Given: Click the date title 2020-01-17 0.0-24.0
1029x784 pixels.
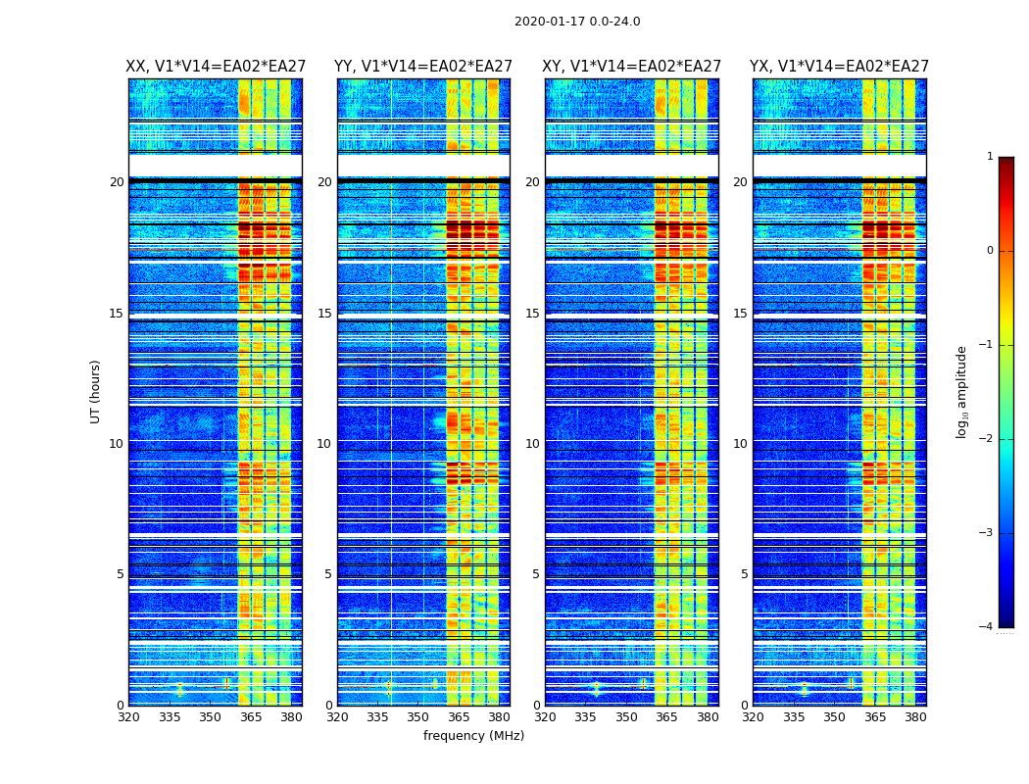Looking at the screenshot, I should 577,22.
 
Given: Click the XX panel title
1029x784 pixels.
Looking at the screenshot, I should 216,67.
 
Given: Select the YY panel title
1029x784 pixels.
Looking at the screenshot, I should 423,67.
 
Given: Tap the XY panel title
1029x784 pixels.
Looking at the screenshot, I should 632,67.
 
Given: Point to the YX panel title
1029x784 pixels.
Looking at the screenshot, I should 839,67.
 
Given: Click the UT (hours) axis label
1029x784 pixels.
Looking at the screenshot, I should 96,391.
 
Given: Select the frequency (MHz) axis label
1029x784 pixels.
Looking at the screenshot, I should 473,736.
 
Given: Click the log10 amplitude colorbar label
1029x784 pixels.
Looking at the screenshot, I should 962,391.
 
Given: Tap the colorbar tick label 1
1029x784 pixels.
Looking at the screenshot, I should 990,157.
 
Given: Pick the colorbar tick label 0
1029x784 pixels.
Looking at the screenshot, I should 990,251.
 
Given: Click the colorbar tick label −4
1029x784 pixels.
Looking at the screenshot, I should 987,627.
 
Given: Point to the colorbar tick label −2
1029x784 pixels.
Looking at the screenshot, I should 987,439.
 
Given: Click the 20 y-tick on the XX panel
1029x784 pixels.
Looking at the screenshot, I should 117,182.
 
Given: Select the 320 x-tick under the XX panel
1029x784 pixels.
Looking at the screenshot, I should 128,717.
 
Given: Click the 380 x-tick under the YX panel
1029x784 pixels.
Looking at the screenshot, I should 915,717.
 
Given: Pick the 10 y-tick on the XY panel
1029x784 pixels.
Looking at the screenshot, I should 531,444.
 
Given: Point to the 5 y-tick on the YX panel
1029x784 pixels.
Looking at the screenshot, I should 744,574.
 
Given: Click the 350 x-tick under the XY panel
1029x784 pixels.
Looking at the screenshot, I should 626,717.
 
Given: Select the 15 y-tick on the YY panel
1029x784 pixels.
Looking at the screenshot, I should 324,314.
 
